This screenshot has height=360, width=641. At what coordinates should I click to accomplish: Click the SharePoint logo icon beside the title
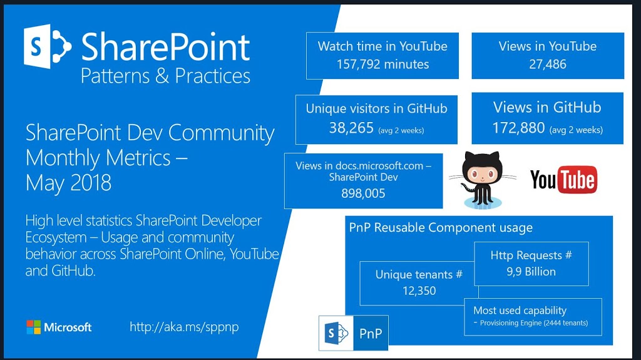point(48,46)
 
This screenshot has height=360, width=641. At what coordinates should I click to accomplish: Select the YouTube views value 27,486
point(548,64)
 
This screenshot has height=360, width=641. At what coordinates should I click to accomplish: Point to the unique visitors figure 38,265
point(352,128)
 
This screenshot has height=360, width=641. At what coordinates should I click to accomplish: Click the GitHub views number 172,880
point(518,128)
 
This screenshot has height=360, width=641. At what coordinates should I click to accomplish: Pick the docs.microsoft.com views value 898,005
point(364,193)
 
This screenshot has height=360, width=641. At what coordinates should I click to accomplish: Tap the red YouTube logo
point(564,179)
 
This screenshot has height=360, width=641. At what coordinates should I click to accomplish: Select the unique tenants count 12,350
point(419,291)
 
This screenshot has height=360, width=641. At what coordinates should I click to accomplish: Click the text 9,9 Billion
point(531,272)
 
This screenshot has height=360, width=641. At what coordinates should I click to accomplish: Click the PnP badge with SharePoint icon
point(354,333)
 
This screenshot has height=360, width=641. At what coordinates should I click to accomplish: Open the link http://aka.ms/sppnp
point(184,327)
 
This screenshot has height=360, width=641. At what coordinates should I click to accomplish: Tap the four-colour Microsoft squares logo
point(34,327)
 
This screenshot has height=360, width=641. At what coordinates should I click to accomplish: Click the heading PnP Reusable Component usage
point(441,227)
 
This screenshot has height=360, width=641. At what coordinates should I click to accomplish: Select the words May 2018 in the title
point(68,183)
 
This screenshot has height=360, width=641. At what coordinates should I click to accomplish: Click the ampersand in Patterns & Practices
point(162,76)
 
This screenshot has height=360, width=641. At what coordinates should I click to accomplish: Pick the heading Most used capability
point(520,311)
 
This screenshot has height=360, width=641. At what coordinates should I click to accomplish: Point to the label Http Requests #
point(531,255)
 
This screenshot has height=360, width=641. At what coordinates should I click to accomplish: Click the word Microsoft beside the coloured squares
point(68,327)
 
